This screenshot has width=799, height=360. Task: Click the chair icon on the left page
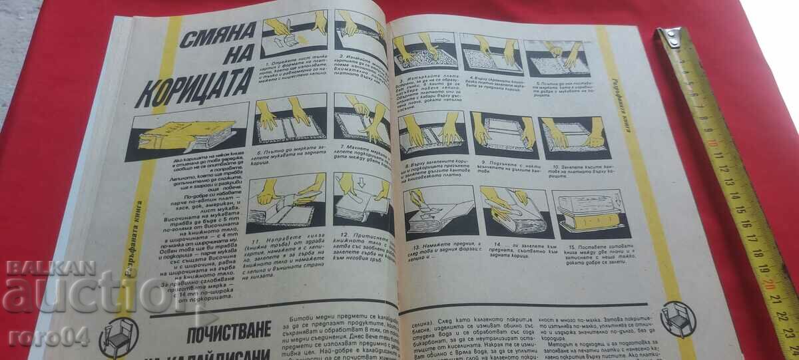(x=119, y=337)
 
